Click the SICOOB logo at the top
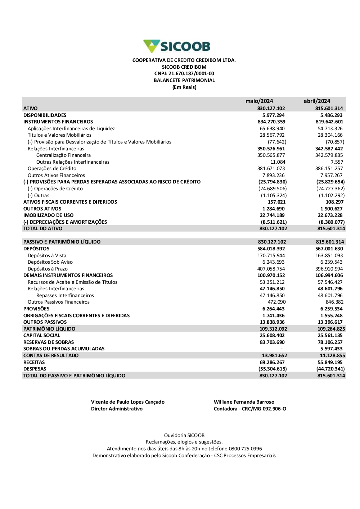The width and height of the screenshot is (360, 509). tap(177, 46)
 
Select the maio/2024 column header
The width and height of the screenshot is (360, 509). tap(259, 101)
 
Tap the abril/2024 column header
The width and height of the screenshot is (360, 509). tap(317, 101)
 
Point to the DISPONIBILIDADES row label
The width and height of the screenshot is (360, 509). tap(45, 115)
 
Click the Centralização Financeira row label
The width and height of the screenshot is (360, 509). tap(63, 155)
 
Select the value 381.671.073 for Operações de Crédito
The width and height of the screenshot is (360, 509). tap(272, 168)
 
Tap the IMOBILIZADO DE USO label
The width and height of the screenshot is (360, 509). tap(48, 215)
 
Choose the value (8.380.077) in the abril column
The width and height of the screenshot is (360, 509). tap(332, 222)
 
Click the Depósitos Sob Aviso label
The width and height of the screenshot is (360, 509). tap(50, 262)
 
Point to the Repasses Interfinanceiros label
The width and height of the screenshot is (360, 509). tap(65, 295)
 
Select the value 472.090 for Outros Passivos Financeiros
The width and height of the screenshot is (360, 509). tap(276, 302)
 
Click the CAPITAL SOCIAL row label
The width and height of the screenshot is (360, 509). tap(42, 335)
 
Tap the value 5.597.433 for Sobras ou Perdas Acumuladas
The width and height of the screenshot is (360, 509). tap(332, 349)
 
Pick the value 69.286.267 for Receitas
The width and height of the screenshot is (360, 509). tap(272, 362)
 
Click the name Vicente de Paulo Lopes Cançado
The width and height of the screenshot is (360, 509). tap(128, 402)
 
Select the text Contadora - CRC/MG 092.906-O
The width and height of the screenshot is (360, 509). tap(250, 409)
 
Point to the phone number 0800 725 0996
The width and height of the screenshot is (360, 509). tap(246, 449)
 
